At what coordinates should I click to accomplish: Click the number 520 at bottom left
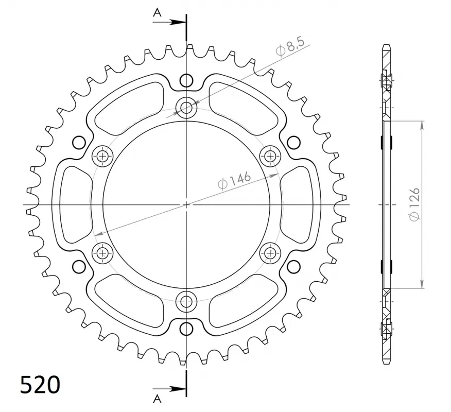(40, 385)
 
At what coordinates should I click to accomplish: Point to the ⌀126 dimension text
(415, 204)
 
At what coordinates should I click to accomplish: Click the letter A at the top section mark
(157, 12)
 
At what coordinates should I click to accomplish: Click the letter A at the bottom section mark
(157, 399)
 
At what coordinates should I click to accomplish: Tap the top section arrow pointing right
(169, 22)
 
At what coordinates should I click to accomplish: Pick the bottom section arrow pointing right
(169, 389)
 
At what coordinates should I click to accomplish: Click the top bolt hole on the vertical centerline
(186, 108)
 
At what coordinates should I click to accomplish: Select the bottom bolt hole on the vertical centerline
(186, 301)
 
